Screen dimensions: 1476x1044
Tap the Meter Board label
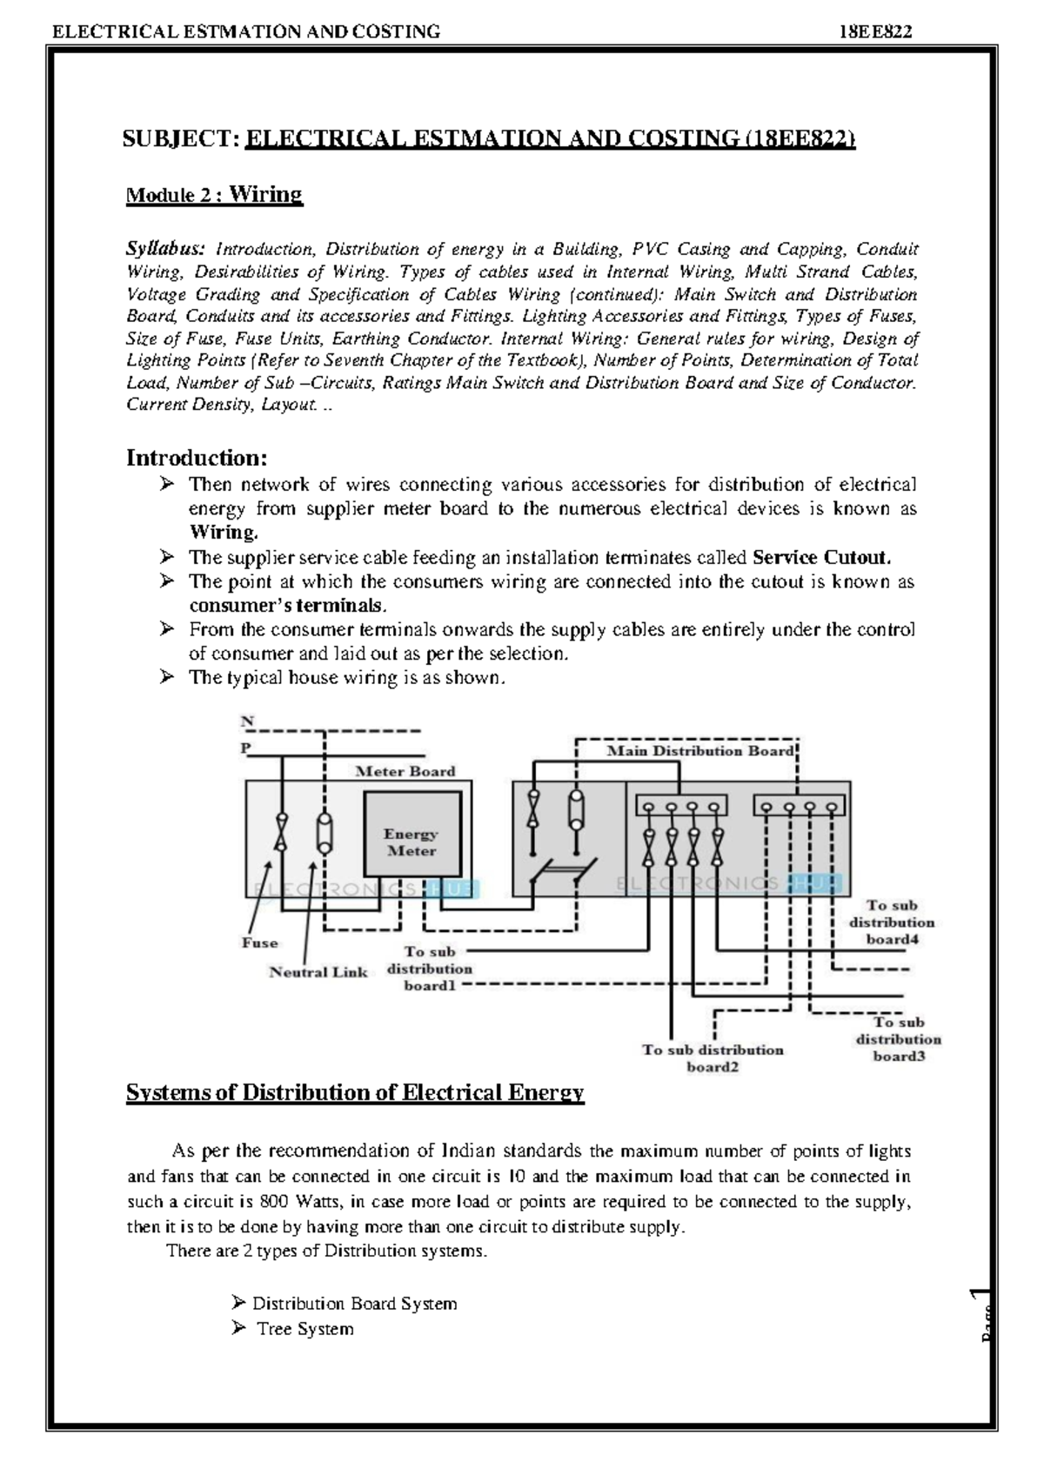pyautogui.click(x=405, y=771)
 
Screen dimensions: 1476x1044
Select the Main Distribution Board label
pyautogui.click(x=699, y=750)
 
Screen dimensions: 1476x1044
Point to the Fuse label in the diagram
pyautogui.click(x=259, y=943)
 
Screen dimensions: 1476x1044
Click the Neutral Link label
pyautogui.click(x=318, y=972)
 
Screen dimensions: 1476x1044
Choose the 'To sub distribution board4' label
pyautogui.click(x=892, y=922)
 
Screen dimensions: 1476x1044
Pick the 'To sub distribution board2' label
pyautogui.click(x=713, y=1058)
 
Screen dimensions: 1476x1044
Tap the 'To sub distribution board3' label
pyautogui.click(x=899, y=1039)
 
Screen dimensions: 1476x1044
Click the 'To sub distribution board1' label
pyautogui.click(x=430, y=969)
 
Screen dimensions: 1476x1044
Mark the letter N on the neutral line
pyautogui.click(x=248, y=721)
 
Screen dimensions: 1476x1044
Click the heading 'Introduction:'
pyautogui.click(x=197, y=458)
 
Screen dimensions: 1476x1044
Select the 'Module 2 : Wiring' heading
pyautogui.click(x=214, y=194)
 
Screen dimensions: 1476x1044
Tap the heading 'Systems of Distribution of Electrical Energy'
pyautogui.click(x=355, y=1093)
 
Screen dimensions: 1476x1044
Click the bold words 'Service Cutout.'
pyautogui.click(x=821, y=558)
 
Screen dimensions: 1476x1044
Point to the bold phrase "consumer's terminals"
pyautogui.click(x=287, y=606)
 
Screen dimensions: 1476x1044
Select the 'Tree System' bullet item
pyautogui.click(x=304, y=1329)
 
